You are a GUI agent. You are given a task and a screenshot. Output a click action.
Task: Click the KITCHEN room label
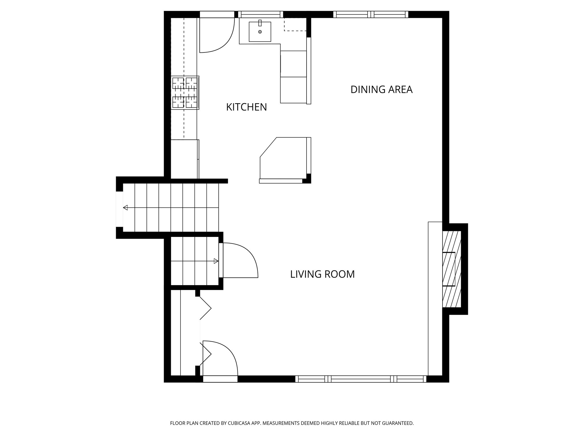[x=246, y=107]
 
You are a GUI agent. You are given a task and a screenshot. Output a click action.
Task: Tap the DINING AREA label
[x=381, y=90]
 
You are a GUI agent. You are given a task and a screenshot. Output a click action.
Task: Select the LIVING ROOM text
[x=322, y=274]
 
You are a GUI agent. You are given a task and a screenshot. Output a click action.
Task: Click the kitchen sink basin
[x=260, y=32]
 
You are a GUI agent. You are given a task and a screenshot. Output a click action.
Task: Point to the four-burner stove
[x=185, y=93]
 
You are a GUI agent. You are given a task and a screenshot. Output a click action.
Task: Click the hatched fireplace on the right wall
[x=451, y=269]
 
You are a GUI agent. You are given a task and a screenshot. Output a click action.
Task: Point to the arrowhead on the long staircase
[x=125, y=208]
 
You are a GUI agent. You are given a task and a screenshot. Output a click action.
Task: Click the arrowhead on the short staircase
[x=216, y=261]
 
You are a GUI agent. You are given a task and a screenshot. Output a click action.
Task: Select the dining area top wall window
[x=371, y=14]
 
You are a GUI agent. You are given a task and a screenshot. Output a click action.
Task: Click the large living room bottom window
[x=361, y=379]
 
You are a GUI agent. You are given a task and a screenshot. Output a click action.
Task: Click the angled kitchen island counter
[x=284, y=160]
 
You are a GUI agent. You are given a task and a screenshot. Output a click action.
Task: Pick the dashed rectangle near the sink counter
[x=295, y=25]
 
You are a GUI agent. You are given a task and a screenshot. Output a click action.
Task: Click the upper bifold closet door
[x=205, y=308]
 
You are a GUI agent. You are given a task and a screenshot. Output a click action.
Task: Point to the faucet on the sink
[x=260, y=23]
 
